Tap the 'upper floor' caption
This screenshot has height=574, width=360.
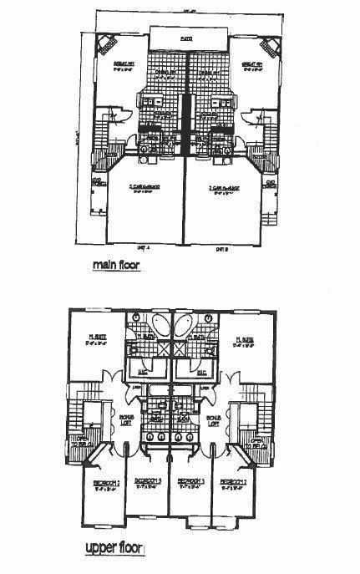pos(115,550)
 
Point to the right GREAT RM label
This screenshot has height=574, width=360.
pos(253,65)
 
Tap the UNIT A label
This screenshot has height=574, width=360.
pos(143,246)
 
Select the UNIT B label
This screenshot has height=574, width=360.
pos(222,246)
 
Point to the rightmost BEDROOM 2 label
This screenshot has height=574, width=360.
pos(233,484)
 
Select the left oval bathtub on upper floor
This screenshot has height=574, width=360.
pos(162,325)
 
